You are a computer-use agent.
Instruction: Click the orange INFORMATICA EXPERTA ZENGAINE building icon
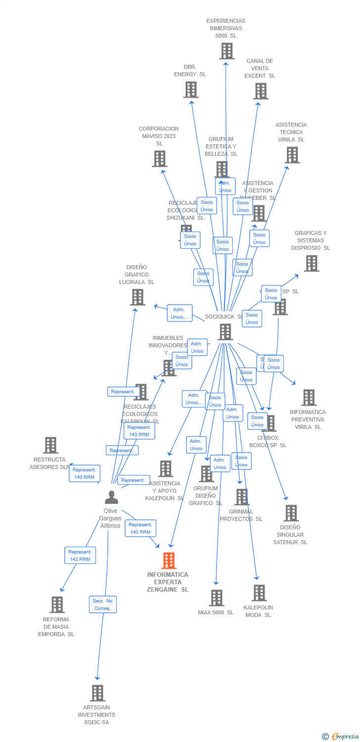169,560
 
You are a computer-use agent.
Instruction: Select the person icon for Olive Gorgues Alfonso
112,497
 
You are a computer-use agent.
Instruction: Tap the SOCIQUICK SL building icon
225,332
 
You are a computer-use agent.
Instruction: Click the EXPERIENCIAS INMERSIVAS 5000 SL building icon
226,51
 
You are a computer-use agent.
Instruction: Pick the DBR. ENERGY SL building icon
191,90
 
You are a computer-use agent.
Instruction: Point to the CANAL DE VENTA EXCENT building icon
261,91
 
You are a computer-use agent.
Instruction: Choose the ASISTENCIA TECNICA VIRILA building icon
292,155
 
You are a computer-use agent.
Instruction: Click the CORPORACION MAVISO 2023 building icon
159,159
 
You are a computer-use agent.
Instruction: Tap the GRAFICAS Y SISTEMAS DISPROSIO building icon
311,263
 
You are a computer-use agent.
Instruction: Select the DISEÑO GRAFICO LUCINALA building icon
137,297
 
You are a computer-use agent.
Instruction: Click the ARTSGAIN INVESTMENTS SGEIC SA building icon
97,693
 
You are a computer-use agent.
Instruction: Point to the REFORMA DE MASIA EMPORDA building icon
57,604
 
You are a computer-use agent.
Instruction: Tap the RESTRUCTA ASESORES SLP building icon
50,445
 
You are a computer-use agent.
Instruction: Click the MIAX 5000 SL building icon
216,598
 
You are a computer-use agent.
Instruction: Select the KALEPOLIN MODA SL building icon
259,593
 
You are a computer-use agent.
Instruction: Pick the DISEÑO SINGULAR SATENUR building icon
291,513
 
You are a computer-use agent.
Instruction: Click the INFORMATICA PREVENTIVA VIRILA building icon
309,397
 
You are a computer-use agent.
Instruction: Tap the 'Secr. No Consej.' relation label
103,604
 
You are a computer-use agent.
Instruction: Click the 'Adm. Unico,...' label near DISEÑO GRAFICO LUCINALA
180,313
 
